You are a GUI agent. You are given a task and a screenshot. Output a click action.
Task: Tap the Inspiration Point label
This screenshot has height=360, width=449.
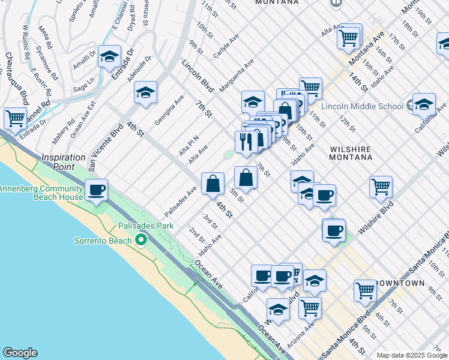pos(63,161)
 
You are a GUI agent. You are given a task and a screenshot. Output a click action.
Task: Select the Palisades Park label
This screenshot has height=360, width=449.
pos(145,226)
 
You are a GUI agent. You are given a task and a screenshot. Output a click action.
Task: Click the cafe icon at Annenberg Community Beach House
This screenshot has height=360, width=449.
pos(96,191)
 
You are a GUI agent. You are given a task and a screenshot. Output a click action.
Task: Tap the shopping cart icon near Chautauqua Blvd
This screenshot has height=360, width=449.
pos(14,117)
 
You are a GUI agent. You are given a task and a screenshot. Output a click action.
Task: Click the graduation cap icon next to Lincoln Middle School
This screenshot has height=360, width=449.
pos(424,104)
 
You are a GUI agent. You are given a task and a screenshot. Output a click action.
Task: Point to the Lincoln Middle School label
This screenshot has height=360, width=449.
pos(362,106)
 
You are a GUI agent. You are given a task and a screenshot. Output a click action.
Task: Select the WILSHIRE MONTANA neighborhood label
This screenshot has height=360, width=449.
pos(351,152)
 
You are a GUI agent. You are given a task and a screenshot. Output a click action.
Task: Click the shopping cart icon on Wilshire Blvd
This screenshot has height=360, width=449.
pos(381,187)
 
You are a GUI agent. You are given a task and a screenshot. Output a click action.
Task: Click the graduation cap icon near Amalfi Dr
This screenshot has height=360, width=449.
pos(109,57)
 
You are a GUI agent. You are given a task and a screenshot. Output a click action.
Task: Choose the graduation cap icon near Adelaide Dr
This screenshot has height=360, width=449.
pos(145,93)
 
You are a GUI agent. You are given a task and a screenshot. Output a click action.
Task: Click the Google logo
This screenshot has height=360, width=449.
pos(20,353)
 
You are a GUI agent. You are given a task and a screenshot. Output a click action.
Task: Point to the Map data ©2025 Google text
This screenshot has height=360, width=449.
pos(412,355)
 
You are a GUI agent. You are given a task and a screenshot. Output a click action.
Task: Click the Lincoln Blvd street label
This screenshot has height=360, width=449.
pos(198,76)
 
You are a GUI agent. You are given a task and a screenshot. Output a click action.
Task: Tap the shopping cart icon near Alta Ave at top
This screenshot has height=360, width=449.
pos(349,38)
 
